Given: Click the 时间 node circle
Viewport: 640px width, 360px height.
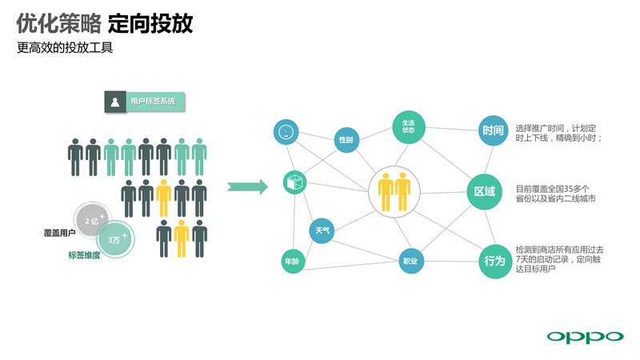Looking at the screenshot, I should point(494,130).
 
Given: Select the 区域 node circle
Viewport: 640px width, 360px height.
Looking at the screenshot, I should point(485,192).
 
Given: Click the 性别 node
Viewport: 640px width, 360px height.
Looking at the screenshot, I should point(346,140).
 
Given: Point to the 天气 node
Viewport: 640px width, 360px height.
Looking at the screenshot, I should point(322,231).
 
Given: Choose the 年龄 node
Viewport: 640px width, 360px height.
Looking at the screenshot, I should point(291,262).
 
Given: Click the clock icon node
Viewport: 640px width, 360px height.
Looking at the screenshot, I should point(286,132).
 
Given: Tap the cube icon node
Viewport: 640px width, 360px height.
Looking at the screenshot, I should point(294,182).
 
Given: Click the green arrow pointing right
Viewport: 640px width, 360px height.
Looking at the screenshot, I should point(247,187).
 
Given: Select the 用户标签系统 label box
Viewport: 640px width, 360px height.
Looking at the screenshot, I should point(145,102).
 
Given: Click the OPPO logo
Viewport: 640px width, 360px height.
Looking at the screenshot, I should point(583,336).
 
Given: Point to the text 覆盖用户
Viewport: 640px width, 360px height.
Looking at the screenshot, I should point(60,233).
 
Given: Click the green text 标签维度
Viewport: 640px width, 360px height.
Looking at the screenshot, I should point(84,256).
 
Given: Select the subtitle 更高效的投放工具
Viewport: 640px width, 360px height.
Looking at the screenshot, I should point(66,47).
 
